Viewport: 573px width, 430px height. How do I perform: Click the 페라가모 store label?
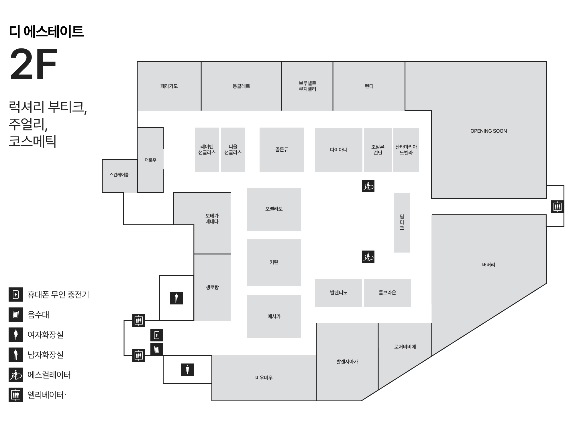tap(169, 86)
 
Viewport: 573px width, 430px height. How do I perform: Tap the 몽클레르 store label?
tap(241, 86)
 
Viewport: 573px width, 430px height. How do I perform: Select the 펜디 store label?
tap(369, 86)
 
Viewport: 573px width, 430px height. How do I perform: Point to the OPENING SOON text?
tap(488, 131)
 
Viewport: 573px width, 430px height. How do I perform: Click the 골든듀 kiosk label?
tap(282, 150)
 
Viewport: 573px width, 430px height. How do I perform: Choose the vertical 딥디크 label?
tap(402, 222)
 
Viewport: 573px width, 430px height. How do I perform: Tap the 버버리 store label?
tap(488, 265)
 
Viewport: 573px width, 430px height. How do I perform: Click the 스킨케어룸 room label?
tap(119, 175)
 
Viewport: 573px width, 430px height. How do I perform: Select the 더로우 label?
tap(150, 160)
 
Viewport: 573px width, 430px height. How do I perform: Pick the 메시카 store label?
tap(274, 316)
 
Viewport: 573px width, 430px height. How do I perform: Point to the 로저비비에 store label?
tap(405, 347)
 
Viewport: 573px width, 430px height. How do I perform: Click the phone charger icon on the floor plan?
tap(157, 335)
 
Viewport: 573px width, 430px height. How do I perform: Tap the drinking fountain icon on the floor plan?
tap(157, 349)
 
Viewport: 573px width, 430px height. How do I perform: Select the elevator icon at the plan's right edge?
tap(557, 206)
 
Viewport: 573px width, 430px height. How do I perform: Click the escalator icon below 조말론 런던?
tap(368, 186)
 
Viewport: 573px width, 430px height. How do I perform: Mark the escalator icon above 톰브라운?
tap(368, 257)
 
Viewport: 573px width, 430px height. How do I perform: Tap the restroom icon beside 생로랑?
tap(176, 298)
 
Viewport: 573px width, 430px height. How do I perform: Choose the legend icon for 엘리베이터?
tap(16, 395)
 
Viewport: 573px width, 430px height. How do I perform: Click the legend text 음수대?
tap(38, 314)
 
